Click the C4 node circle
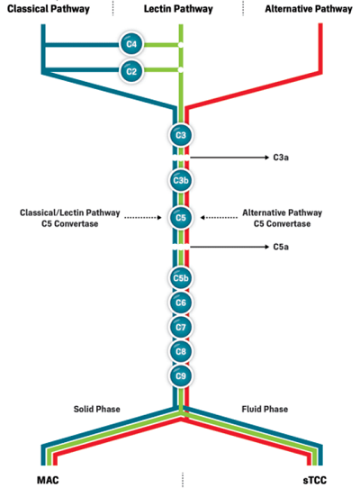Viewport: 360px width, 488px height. pyautogui.click(x=131, y=44)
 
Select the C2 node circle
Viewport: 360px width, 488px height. pyautogui.click(x=131, y=71)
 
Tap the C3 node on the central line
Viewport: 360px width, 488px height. pyautogui.click(x=181, y=135)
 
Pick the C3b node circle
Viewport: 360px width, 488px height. pyautogui.click(x=181, y=180)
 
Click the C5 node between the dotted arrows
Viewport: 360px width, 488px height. pyautogui.click(x=181, y=218)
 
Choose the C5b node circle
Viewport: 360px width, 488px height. pyautogui.click(x=181, y=278)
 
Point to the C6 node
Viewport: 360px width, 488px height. pyautogui.click(x=181, y=303)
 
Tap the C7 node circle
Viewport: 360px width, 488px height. pyautogui.click(x=181, y=327)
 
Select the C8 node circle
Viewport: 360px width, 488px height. pyautogui.click(x=181, y=351)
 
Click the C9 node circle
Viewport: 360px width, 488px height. pyautogui.click(x=181, y=376)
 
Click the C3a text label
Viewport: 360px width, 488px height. pyautogui.click(x=281, y=158)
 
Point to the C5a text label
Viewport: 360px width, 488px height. pyautogui.click(x=281, y=247)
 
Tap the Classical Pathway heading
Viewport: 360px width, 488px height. pyautogui.click(x=49, y=9)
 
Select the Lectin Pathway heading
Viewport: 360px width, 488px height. pyautogui.click(x=178, y=9)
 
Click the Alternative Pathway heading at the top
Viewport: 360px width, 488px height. pyautogui.click(x=309, y=9)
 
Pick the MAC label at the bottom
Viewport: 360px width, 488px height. pyautogui.click(x=48, y=480)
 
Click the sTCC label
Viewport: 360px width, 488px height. pyautogui.click(x=315, y=480)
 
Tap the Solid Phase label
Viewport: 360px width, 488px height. pyautogui.click(x=97, y=409)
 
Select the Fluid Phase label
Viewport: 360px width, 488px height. pyautogui.click(x=265, y=409)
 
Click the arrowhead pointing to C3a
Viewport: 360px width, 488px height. pyautogui.click(x=266, y=158)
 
